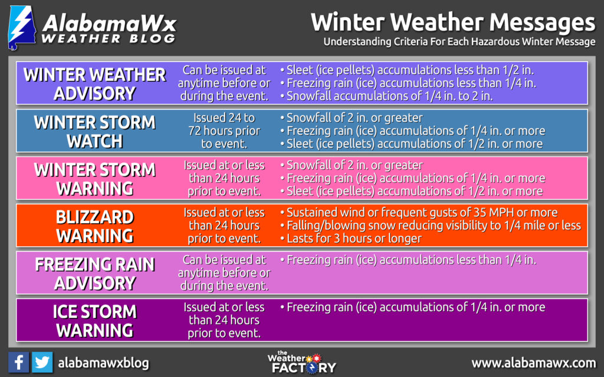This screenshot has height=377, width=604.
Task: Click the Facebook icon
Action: pos(18,362)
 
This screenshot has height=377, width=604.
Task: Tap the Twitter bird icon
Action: pos(42,362)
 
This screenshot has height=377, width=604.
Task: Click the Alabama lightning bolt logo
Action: pos(22,28)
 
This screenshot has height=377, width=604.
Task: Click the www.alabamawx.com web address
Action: pos(533,363)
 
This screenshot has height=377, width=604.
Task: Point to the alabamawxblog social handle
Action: pos(103,363)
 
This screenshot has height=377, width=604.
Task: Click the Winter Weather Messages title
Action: pos(453,22)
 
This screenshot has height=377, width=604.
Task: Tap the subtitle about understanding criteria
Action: pos(459,42)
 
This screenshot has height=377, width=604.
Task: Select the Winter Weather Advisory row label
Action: pos(95,84)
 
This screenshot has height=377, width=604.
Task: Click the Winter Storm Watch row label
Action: pos(95,131)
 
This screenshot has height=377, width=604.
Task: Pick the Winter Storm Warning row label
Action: pos(95,179)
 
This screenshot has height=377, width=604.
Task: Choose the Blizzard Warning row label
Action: pos(95,226)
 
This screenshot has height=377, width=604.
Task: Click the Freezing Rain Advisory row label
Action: pos(95,273)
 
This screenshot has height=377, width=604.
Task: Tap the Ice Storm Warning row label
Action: pos(95,321)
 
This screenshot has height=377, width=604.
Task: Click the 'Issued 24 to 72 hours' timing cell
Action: pos(224,131)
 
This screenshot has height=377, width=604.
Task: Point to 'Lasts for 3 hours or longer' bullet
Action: pos(351,239)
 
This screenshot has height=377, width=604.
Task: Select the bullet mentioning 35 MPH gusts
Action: pos(419,212)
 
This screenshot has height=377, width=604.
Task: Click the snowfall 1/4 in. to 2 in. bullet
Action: pos(386,96)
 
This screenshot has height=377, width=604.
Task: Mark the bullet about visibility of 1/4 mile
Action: pos(431,226)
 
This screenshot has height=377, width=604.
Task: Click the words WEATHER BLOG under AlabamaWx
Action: pos(109,38)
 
